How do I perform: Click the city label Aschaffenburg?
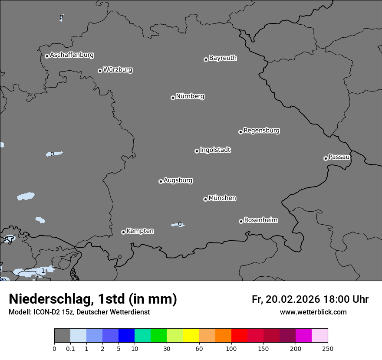click(x=72, y=55)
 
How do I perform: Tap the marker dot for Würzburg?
click(x=100, y=71)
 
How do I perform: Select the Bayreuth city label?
click(x=223, y=58)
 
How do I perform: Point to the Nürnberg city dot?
click(x=173, y=98)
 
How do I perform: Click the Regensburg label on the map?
click(x=261, y=131)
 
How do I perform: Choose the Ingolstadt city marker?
click(x=197, y=151)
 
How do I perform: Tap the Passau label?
click(x=339, y=157)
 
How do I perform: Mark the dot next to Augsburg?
click(x=161, y=181)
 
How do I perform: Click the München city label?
click(x=222, y=198)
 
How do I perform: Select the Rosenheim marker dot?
click(x=241, y=221)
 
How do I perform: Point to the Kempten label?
click(x=140, y=231)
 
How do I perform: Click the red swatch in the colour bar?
click(x=239, y=336)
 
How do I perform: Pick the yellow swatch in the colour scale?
click(x=191, y=336)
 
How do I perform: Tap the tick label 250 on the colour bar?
click(x=328, y=348)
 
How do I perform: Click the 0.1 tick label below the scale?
click(x=70, y=348)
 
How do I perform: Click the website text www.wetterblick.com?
click(x=313, y=312)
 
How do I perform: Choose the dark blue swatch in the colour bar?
click(x=126, y=336)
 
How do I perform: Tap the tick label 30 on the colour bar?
click(x=167, y=348)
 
